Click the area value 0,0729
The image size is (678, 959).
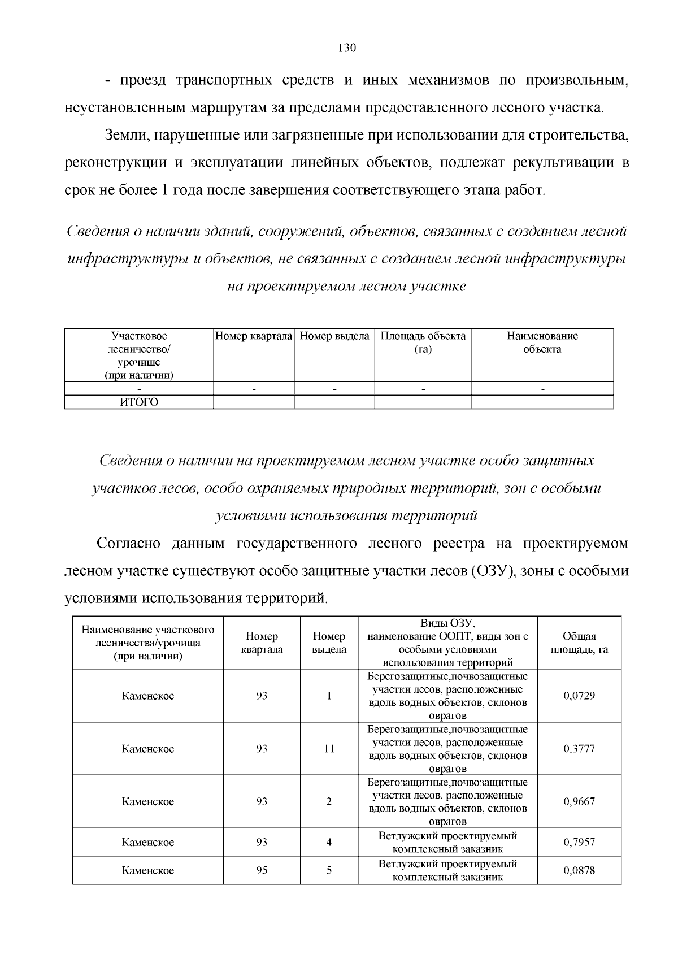(579, 696)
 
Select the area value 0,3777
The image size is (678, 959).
(579, 749)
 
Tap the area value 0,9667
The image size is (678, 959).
(579, 801)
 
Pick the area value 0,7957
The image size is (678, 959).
(579, 842)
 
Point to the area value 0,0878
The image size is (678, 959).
(579, 870)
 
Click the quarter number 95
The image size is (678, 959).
(262, 870)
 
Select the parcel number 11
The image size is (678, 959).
(329, 749)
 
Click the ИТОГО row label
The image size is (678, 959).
(139, 402)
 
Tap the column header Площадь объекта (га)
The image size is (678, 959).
(423, 342)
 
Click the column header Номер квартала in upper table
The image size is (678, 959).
(254, 336)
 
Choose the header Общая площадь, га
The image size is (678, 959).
(579, 643)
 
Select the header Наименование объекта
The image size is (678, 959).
(542, 342)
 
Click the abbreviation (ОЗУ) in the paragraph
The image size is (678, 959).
(492, 571)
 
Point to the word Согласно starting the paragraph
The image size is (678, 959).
(129, 544)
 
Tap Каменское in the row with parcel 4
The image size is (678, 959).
(148, 842)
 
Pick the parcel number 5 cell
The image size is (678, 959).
(329, 870)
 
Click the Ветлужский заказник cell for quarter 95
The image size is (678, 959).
(447, 870)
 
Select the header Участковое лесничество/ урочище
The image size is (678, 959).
(139, 355)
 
